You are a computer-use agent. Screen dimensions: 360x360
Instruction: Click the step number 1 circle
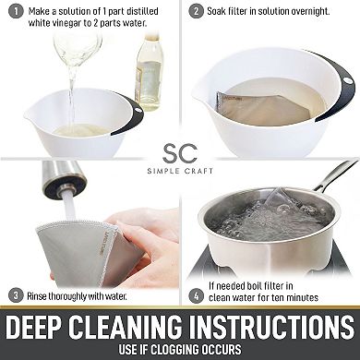click(x=16, y=12)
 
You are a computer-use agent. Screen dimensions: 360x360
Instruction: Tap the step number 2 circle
click(x=196, y=12)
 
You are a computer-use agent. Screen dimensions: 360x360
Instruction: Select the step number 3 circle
click(x=16, y=296)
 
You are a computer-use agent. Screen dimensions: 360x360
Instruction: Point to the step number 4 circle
click(x=197, y=296)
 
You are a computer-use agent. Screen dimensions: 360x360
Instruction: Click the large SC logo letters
click(x=180, y=153)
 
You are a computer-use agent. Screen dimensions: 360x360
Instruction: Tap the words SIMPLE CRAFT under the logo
click(x=180, y=171)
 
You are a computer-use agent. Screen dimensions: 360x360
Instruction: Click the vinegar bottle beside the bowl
click(x=149, y=72)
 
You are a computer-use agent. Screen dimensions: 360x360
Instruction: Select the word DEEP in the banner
click(x=36, y=327)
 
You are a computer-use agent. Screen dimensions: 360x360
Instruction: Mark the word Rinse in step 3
click(x=37, y=296)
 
